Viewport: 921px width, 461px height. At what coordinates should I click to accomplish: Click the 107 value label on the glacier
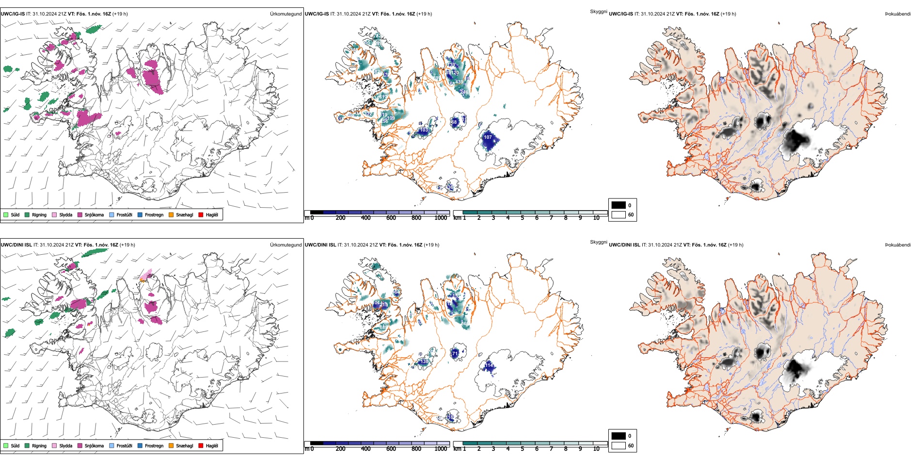click(x=488, y=137)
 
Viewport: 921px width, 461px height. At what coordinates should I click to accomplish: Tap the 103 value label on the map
click(x=424, y=130)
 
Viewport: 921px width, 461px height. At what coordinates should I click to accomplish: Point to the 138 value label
click(x=424, y=362)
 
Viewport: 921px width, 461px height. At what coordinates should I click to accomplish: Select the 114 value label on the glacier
click(x=489, y=365)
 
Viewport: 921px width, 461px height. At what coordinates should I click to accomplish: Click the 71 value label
click(x=455, y=354)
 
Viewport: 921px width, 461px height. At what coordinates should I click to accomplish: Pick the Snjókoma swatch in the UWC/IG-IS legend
click(x=80, y=214)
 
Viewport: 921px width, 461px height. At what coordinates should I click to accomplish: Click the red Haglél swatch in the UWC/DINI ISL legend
click(x=201, y=445)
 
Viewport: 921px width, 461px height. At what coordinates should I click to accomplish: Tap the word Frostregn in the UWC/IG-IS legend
click(x=154, y=214)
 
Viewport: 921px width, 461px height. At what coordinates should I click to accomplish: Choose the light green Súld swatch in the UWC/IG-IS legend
click(x=6, y=214)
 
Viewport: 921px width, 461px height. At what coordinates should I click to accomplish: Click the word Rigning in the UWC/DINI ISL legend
click(x=39, y=445)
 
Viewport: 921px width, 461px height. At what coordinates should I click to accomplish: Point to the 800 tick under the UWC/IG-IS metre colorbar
click(x=416, y=218)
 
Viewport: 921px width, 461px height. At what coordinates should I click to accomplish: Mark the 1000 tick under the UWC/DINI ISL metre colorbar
click(x=441, y=449)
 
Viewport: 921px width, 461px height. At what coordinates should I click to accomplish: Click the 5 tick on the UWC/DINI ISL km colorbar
click(x=522, y=449)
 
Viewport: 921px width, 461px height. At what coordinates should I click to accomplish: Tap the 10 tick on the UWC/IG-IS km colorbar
click(x=596, y=218)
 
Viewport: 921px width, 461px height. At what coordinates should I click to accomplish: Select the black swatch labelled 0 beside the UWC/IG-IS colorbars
click(x=618, y=205)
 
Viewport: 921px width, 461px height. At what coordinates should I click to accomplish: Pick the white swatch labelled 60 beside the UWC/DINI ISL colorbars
click(x=618, y=445)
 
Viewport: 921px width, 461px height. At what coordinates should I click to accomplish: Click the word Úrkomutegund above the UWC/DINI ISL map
click(x=286, y=245)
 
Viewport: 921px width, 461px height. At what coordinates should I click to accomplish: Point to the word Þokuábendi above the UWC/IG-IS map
click(x=898, y=14)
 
